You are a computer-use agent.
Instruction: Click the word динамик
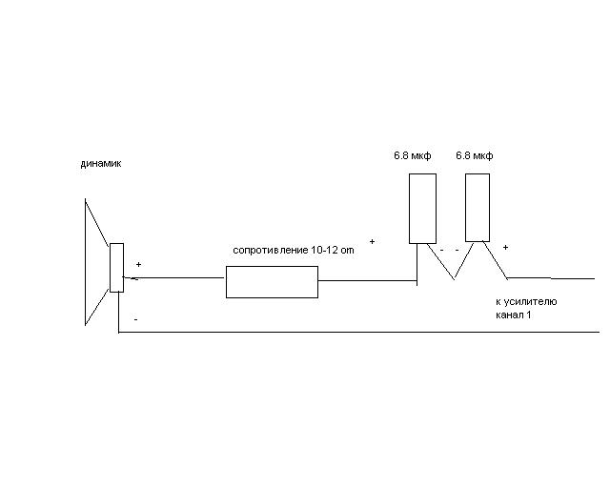point(101,163)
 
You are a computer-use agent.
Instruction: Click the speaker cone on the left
point(86,261)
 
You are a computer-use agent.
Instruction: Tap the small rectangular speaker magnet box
point(116,268)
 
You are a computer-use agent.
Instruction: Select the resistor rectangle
point(272,282)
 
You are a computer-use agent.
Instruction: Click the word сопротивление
point(270,251)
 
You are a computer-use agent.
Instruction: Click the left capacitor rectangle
point(422,209)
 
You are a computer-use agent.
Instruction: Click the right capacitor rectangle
point(478,208)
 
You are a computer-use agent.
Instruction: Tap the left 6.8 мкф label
point(413,155)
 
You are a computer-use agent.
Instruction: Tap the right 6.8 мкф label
point(475,155)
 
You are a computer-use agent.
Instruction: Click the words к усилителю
point(526,301)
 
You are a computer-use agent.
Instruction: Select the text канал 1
point(513,315)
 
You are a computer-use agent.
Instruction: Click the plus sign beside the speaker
point(138,265)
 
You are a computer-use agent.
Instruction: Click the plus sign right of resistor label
point(372,242)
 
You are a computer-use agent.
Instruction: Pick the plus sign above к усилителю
point(505,247)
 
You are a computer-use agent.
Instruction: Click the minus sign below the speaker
point(135,319)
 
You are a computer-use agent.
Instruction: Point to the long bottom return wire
point(358,333)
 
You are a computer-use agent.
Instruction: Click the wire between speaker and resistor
point(173,278)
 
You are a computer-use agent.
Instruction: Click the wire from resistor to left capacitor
point(368,280)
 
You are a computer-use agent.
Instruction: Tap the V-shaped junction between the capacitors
point(454,278)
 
